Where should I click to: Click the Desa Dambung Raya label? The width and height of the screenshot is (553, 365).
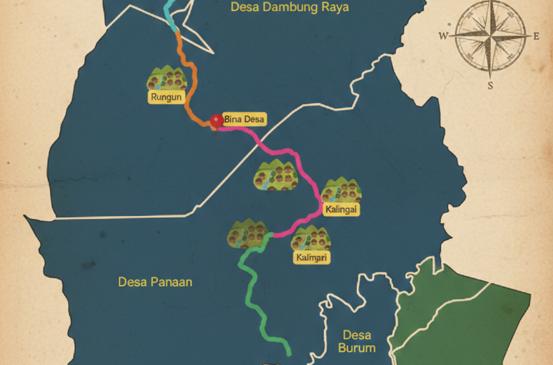click(289, 8)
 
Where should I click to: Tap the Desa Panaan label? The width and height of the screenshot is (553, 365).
click(155, 282)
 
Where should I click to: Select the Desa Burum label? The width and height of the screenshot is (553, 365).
click(357, 341)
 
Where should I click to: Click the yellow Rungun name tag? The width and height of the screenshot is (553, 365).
click(166, 97)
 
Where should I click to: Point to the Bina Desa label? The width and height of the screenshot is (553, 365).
click(244, 119)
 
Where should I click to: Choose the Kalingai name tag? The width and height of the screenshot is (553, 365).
click(341, 210)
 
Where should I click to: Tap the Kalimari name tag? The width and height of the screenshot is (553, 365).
click(312, 257)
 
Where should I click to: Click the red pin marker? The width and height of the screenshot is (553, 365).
click(217, 121)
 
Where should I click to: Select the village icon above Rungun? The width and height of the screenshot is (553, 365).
click(167, 78)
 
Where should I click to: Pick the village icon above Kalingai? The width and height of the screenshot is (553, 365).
click(341, 191)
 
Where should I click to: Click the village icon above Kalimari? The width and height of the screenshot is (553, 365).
click(310, 238)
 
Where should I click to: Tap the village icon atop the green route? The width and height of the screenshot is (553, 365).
click(246, 234)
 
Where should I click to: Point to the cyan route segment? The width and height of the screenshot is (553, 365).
click(170, 16)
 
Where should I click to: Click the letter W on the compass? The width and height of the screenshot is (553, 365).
click(443, 36)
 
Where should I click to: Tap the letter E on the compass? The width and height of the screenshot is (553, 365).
click(536, 36)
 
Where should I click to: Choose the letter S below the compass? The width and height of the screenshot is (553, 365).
click(490, 85)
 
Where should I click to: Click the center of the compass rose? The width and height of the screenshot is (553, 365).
click(490, 36)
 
